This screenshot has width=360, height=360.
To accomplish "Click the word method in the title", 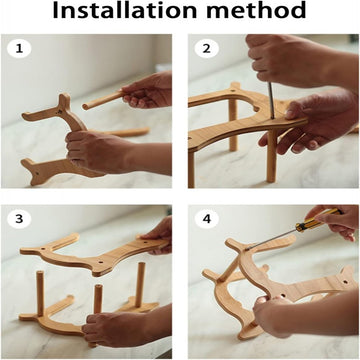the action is (x=256, y=10).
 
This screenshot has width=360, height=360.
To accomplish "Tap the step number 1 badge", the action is (x=19, y=49).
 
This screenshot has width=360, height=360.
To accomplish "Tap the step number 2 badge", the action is (x=207, y=49).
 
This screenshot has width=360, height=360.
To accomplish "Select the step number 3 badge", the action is (x=19, y=219).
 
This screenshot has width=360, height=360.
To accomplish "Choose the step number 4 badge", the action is (x=207, y=219).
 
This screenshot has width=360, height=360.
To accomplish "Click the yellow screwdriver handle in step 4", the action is (x=318, y=220).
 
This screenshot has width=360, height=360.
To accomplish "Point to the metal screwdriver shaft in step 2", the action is (x=271, y=101).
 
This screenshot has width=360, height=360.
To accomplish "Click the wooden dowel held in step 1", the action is (x=104, y=100).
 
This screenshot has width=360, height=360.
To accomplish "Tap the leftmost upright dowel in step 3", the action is (x=40, y=293).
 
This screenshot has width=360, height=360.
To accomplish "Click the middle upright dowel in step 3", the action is (x=98, y=299).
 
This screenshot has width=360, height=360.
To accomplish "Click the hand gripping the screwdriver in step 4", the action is (x=333, y=221).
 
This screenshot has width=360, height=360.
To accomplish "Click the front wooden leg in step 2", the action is (x=272, y=156).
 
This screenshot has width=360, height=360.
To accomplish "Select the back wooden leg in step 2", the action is (x=233, y=125).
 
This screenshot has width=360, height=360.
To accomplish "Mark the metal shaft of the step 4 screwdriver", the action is (x=271, y=239).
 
